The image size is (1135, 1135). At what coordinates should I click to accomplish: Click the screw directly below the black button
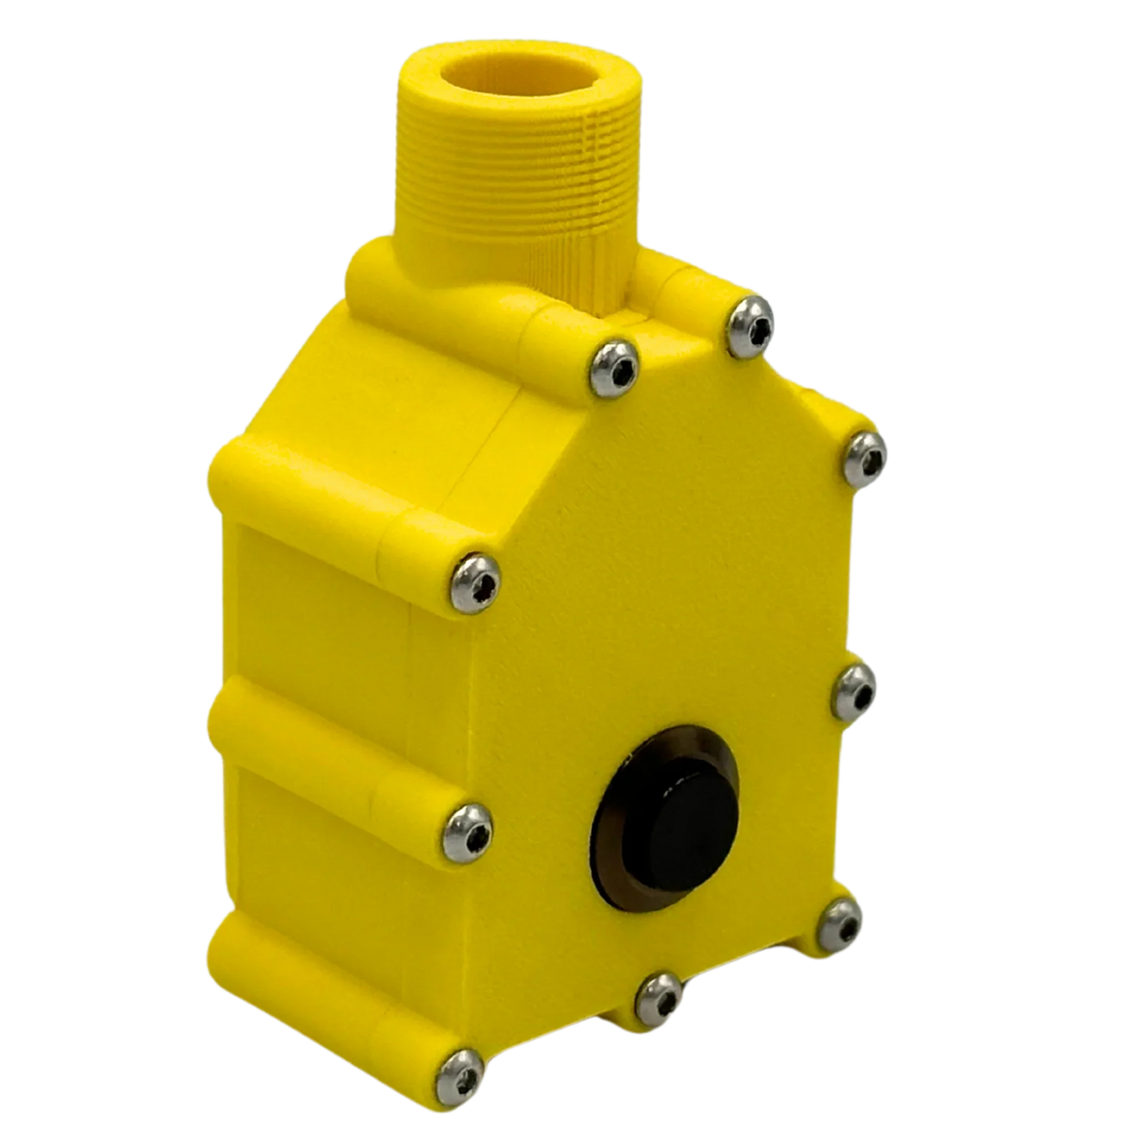[x=657, y=997]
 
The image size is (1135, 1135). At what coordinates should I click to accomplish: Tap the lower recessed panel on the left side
[x=314, y=848]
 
